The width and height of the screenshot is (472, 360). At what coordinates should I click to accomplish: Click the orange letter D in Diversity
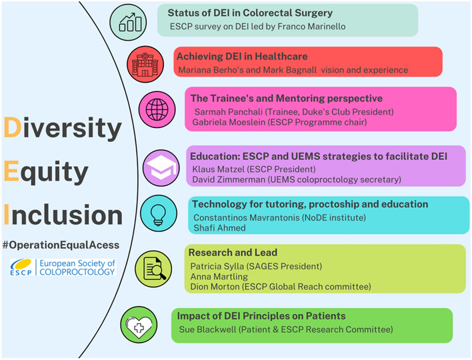click(x=13, y=127)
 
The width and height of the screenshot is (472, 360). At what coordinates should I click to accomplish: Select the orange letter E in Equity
click(x=11, y=171)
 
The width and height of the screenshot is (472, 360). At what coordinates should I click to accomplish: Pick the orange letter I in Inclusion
click(x=7, y=215)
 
